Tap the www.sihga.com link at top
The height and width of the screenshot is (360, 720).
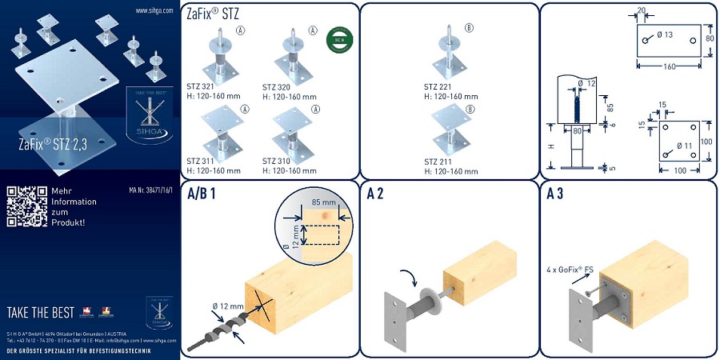[155, 10]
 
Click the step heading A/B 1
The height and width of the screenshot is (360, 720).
[202, 194]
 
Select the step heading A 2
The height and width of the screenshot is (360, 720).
[377, 194]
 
